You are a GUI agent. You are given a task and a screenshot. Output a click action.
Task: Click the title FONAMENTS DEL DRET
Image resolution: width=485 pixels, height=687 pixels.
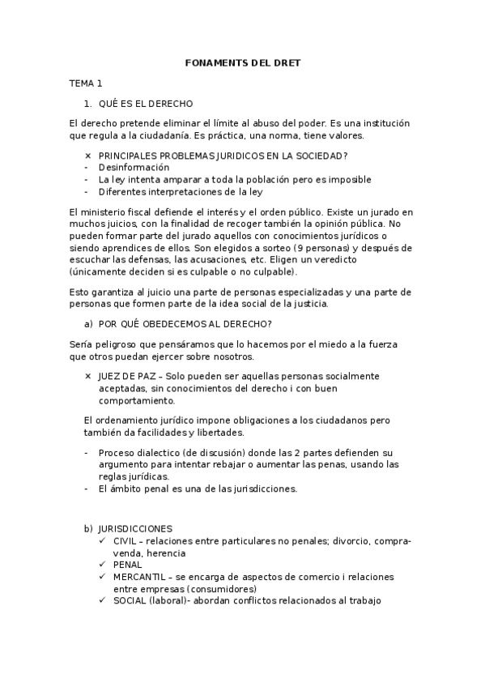tap(242, 62)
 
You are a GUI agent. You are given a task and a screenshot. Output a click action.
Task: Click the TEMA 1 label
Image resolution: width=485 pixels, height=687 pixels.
tap(86, 83)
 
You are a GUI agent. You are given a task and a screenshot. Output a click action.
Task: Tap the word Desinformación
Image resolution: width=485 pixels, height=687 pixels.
tap(134, 167)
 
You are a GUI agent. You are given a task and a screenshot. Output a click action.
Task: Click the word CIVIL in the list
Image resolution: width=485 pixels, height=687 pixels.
tap(126, 540)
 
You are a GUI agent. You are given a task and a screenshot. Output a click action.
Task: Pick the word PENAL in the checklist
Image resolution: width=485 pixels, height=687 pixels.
tap(128, 565)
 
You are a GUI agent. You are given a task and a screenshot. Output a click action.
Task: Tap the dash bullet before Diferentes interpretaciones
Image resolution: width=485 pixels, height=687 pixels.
tap(86, 191)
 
